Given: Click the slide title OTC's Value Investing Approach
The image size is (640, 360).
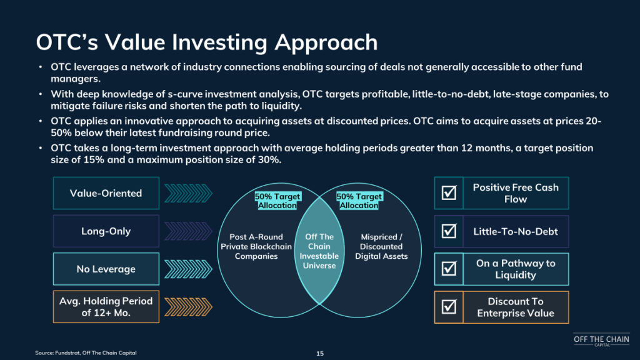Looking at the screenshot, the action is pyautogui.click(x=207, y=42).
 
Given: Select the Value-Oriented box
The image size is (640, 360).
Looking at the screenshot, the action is pyautogui.click(x=106, y=193).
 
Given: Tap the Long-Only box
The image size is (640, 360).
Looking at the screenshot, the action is pyautogui.click(x=106, y=231).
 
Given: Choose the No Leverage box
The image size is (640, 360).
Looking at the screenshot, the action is pyautogui.click(x=106, y=269).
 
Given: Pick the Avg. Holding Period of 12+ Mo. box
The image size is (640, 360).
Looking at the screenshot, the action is pyautogui.click(x=106, y=307).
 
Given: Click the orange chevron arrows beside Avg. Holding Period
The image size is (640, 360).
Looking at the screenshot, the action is pyautogui.click(x=188, y=307).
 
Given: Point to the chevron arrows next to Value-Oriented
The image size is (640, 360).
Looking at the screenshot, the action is pyautogui.click(x=188, y=193).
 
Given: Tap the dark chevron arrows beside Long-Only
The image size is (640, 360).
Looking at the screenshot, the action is pyautogui.click(x=188, y=231).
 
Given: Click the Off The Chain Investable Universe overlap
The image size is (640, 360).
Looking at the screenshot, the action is pyautogui.click(x=319, y=251).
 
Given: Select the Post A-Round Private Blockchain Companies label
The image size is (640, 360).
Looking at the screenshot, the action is pyautogui.click(x=256, y=246).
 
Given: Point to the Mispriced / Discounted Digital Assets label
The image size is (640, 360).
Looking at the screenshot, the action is pyautogui.click(x=381, y=246).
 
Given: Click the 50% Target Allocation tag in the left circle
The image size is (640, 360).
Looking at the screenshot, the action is pyautogui.click(x=277, y=201).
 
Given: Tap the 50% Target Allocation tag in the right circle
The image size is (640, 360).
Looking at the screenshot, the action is pyautogui.click(x=359, y=201).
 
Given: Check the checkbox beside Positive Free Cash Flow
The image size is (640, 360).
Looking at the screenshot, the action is pyautogui.click(x=449, y=192).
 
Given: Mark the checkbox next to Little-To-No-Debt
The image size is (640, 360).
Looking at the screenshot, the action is pyautogui.click(x=449, y=231).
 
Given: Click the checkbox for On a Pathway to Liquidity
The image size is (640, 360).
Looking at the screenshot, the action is pyautogui.click(x=449, y=269).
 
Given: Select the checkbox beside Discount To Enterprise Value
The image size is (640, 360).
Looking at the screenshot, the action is pyautogui.click(x=449, y=306).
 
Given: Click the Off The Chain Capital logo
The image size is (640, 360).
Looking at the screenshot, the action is pyautogui.click(x=601, y=340).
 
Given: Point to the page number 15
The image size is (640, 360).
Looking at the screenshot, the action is pyautogui.click(x=320, y=354).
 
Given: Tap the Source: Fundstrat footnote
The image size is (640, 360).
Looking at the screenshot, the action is pyautogui.click(x=86, y=352).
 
